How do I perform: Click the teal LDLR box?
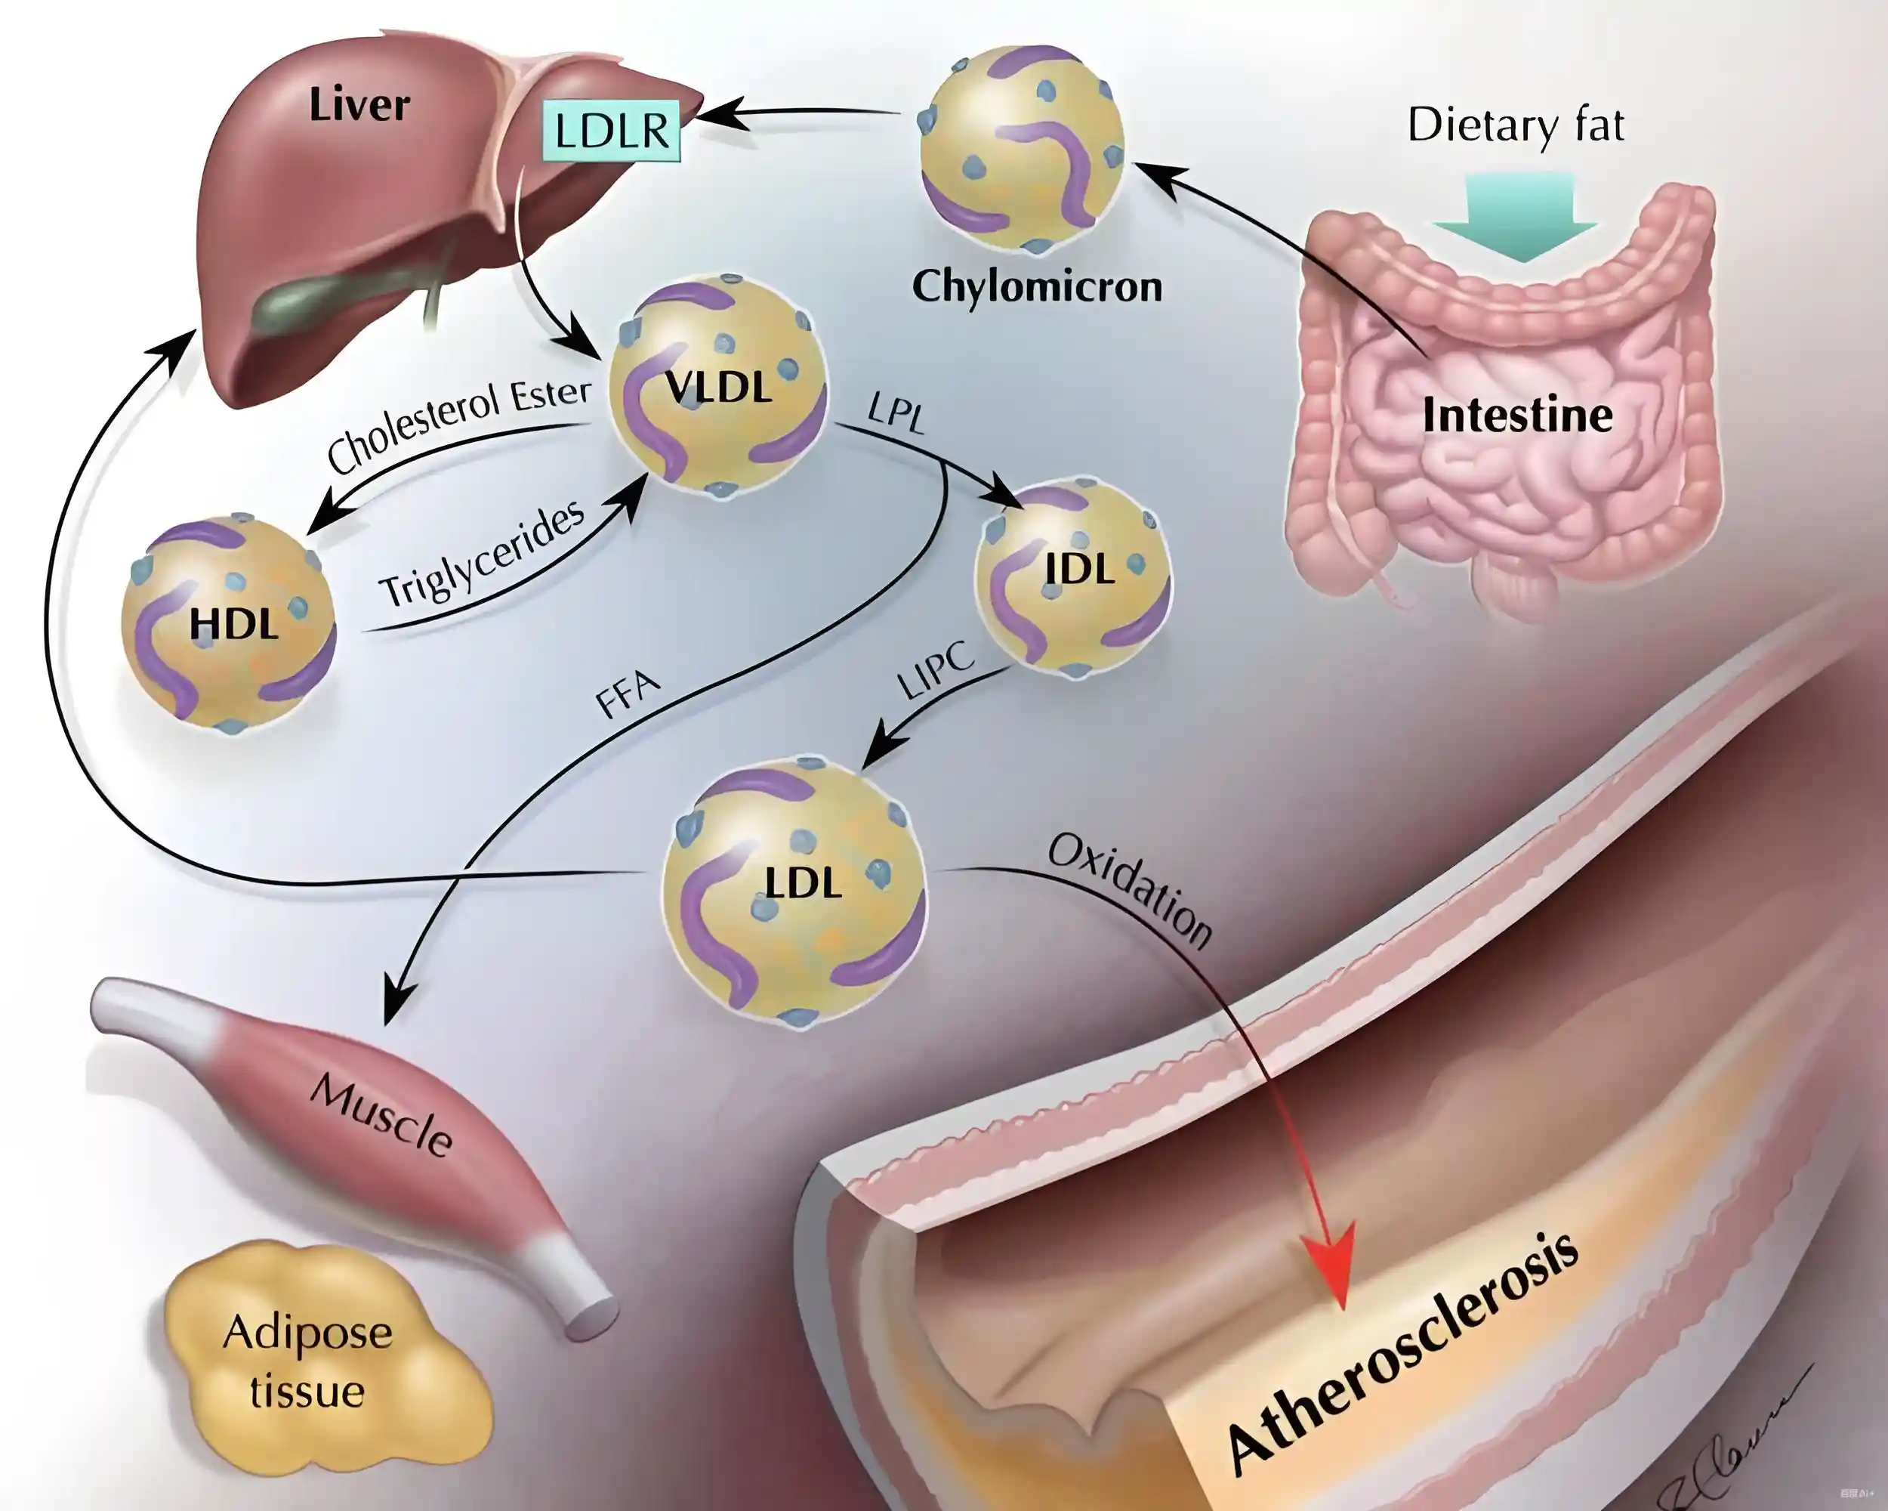pyautogui.click(x=611, y=130)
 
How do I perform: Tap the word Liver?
pyautogui.click(x=359, y=105)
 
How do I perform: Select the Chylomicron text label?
pyautogui.click(x=1037, y=286)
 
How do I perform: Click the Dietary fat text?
pyautogui.click(x=1516, y=125)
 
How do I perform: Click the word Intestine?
pyautogui.click(x=1518, y=416)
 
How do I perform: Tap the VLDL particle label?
pyautogui.click(x=718, y=387)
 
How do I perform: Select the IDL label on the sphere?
pyautogui.click(x=1079, y=570)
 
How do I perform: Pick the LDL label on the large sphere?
pyautogui.click(x=803, y=883)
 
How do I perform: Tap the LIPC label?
pyautogui.click(x=935, y=670)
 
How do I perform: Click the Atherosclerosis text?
pyautogui.click(x=1402, y=1353)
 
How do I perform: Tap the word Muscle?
pyautogui.click(x=382, y=1114)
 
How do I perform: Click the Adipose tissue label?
pyautogui.click(x=307, y=1361)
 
